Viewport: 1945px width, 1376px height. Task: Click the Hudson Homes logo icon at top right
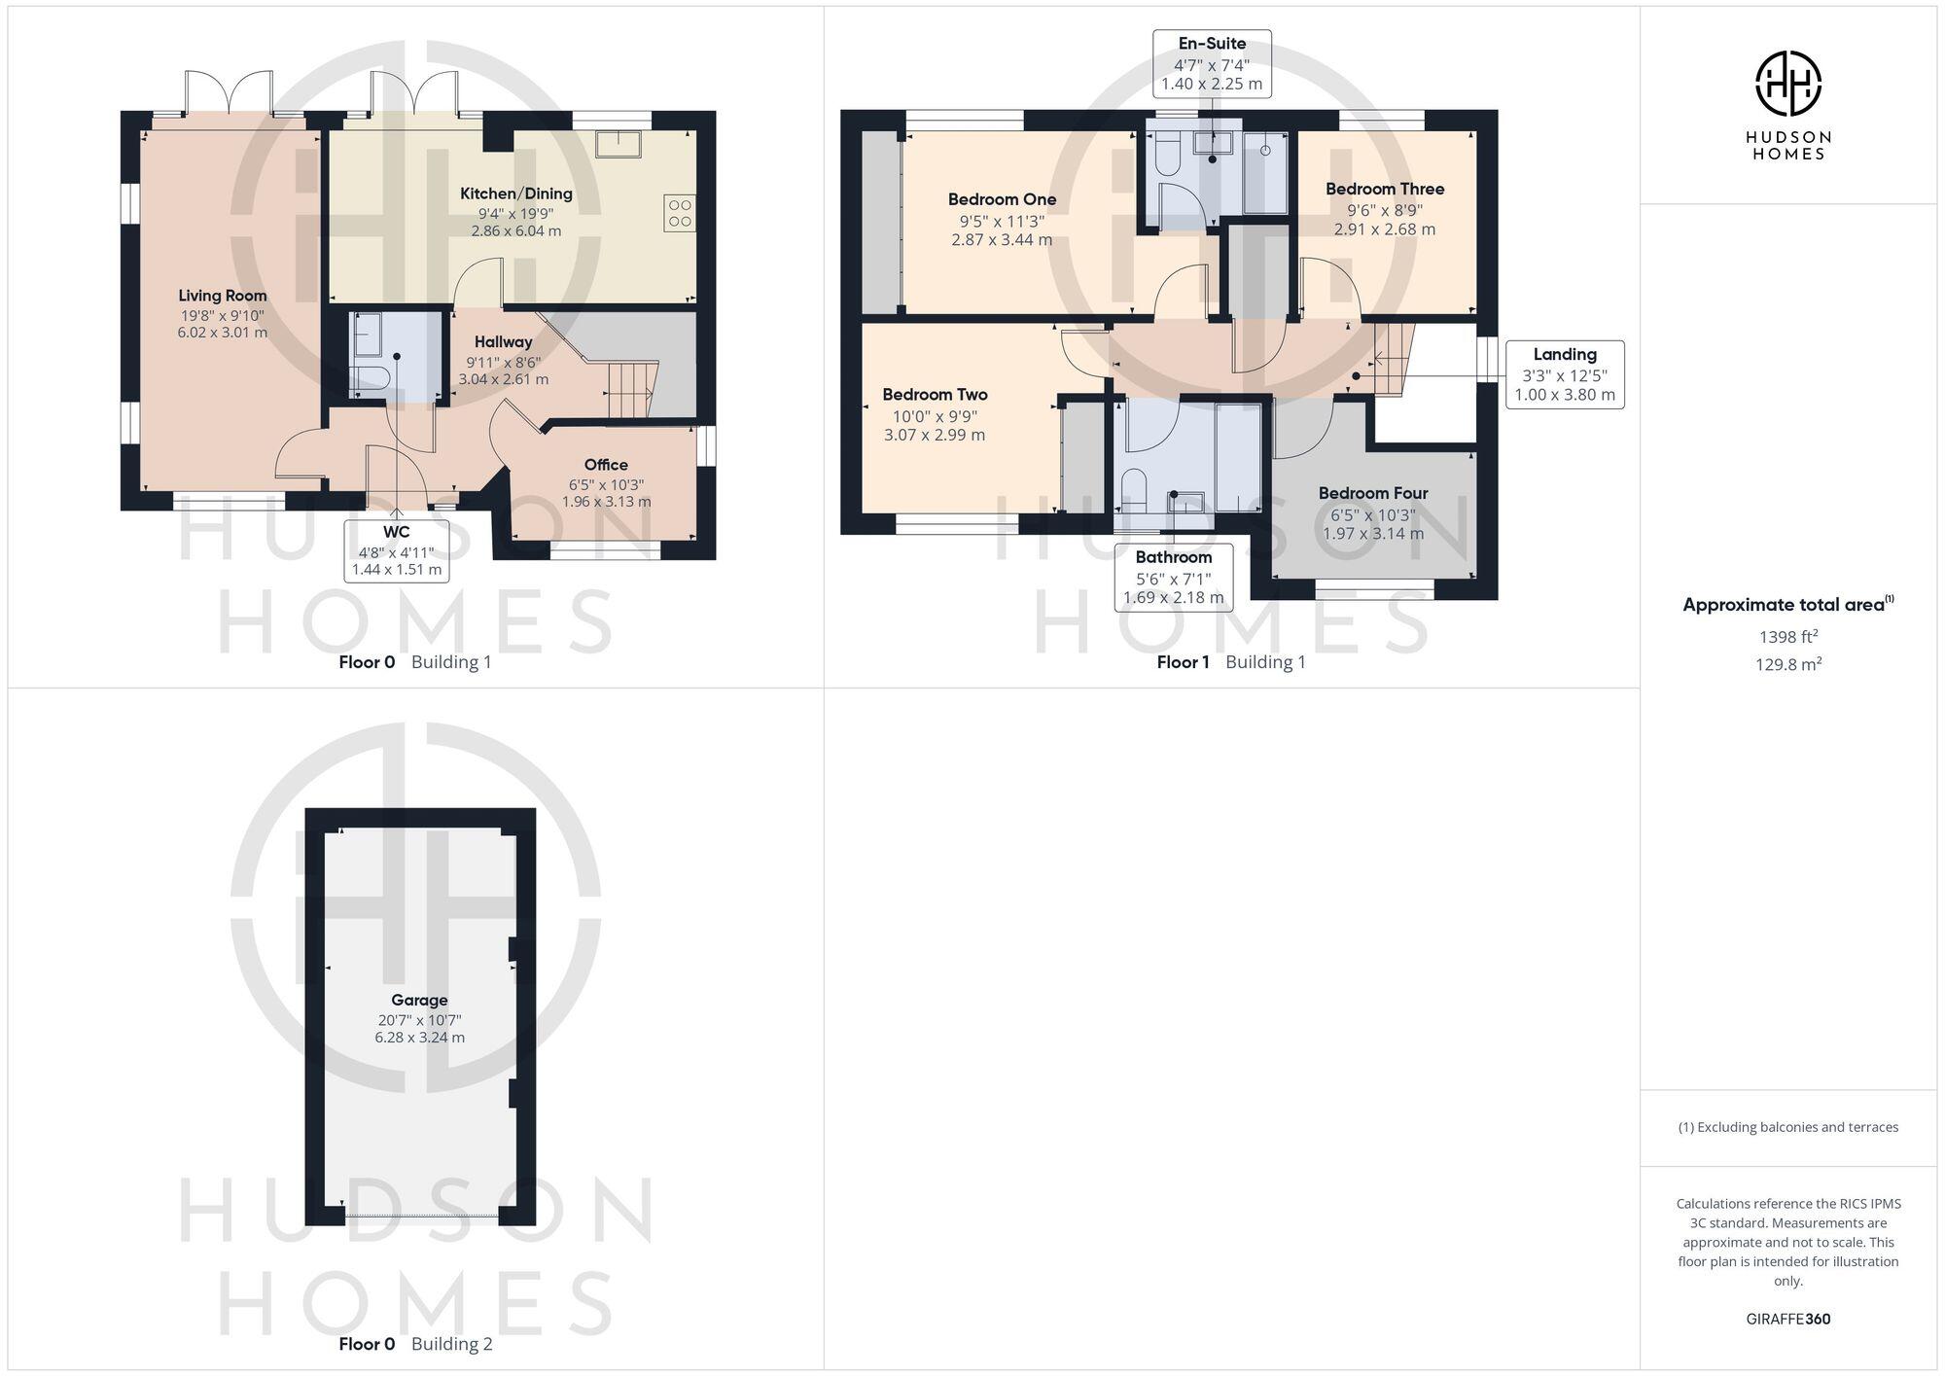coord(1787,84)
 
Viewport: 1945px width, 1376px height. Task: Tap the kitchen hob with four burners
coord(680,213)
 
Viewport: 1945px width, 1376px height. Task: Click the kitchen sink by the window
coord(619,143)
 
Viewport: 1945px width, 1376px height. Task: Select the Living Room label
coord(223,296)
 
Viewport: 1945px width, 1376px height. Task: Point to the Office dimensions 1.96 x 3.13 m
coord(606,502)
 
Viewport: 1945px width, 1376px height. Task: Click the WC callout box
coord(397,550)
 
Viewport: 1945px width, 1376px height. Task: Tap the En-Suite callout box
coord(1212,63)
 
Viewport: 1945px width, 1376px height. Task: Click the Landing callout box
coord(1565,374)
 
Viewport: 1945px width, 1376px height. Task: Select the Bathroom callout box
coord(1174,577)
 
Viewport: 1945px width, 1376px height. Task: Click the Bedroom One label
coord(1002,199)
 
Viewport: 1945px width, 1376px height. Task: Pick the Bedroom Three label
coord(1384,189)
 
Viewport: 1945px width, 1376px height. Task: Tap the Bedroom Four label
coord(1372,493)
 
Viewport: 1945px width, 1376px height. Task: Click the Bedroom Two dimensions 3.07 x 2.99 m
coord(934,435)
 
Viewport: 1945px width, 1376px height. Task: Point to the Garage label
coord(419,1000)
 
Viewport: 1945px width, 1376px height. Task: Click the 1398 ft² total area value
coord(1787,637)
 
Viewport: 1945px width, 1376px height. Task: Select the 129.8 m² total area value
coord(1787,664)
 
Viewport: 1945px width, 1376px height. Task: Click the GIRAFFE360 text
coord(1787,1320)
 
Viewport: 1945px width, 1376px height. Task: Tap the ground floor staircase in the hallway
coord(630,389)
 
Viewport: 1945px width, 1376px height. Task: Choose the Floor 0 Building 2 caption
coord(415,1344)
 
